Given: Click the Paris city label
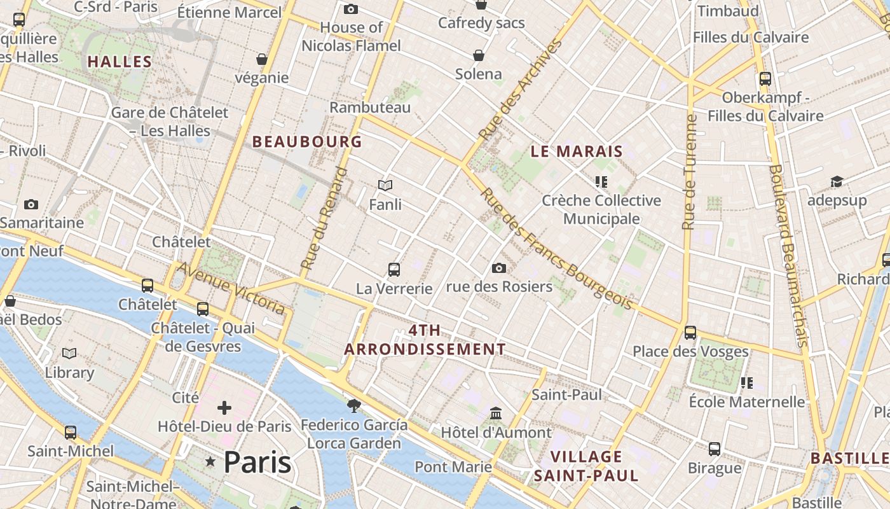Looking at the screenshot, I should tap(257, 463).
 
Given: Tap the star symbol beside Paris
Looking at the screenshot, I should tap(210, 461).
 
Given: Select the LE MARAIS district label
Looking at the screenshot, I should tap(577, 151).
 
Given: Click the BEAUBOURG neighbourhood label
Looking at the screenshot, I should tap(307, 142).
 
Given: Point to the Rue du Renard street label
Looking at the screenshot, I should tap(325, 218).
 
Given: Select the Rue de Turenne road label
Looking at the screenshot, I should tap(690, 172).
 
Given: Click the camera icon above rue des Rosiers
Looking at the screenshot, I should tap(499, 268).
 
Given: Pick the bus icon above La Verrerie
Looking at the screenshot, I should tap(394, 270).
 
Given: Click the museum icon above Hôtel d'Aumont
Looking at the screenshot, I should tap(496, 414).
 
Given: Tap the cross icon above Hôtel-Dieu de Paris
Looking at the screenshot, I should tap(224, 408).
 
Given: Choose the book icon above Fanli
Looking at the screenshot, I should tap(385, 186).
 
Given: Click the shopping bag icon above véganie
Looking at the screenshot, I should tap(262, 59).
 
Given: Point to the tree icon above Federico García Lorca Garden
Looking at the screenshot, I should tap(354, 405).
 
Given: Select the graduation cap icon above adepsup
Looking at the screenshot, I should tap(837, 182).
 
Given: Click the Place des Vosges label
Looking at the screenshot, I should tap(690, 351).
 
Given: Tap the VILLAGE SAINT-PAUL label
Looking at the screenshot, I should tap(586, 466).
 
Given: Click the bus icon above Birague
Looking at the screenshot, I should tap(715, 449).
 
